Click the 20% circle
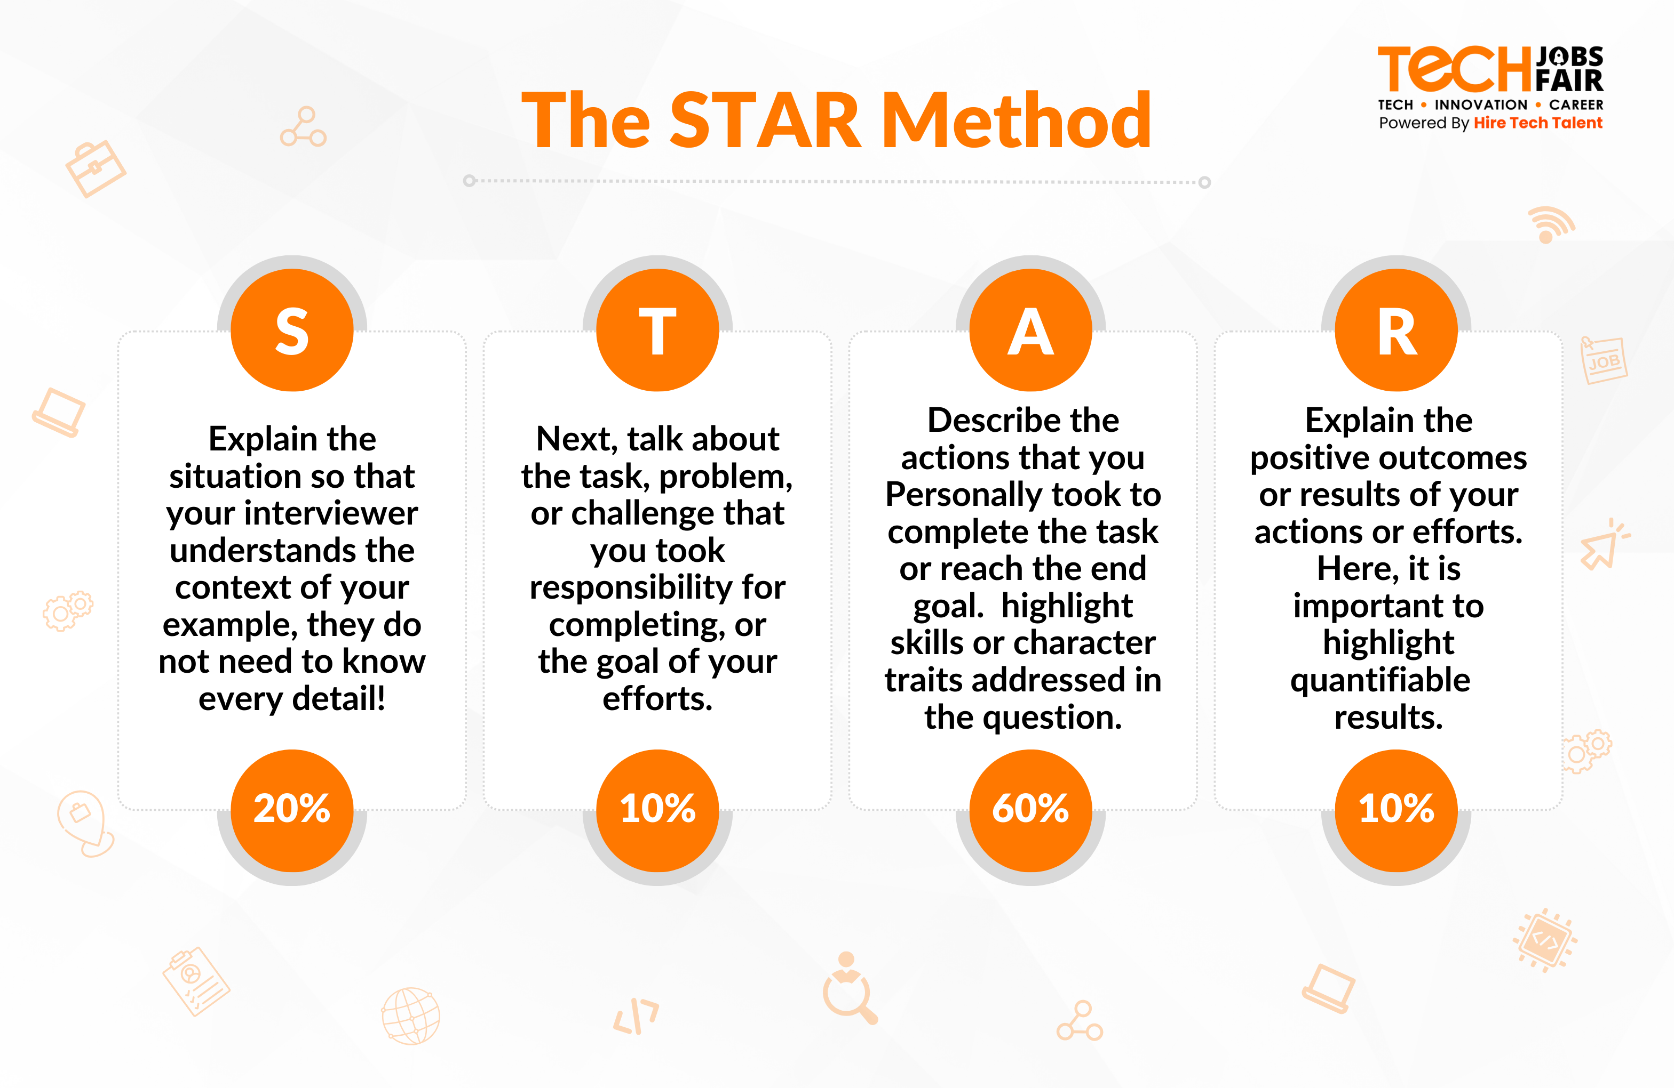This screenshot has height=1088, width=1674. coord(292,810)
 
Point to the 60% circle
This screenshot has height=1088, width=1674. coord(1030,810)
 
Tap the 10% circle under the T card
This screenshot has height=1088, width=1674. coord(657,810)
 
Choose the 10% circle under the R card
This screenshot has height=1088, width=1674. coord(1396,810)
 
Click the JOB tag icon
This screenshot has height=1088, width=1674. coord(1604,360)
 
